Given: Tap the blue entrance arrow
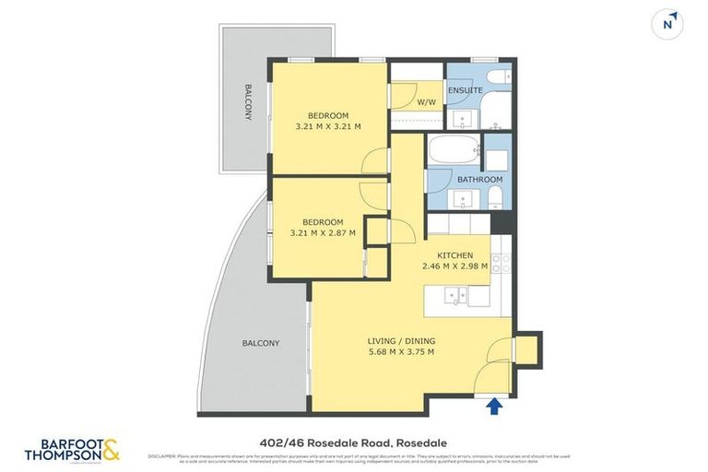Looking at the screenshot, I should [495, 405].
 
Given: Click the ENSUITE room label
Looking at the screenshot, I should [466, 90].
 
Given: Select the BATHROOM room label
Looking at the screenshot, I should [479, 179].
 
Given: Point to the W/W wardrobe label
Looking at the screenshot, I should [427, 102].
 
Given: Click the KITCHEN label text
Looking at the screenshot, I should [454, 255].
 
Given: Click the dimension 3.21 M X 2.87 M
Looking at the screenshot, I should [324, 234].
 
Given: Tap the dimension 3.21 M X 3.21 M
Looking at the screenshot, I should [327, 126].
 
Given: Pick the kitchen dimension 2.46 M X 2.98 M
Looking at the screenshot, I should [454, 267].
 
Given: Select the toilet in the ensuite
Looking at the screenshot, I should [493, 77].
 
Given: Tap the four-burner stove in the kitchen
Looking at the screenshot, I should [501, 264].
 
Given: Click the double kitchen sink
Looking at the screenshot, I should [454, 295].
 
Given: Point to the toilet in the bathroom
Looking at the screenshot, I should [496, 195].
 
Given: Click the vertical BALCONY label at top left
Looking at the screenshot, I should [248, 102].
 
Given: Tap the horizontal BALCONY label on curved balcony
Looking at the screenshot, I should [260, 343].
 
